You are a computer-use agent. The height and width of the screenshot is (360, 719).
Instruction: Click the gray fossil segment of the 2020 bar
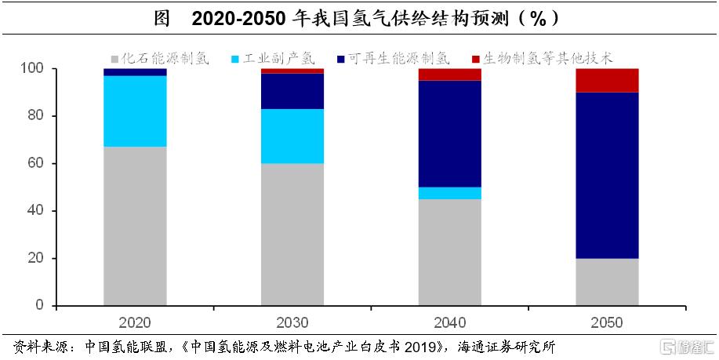[135, 226]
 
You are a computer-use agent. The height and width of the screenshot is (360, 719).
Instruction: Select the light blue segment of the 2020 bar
[135, 111]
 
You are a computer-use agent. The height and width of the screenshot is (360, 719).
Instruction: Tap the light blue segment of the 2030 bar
[292, 136]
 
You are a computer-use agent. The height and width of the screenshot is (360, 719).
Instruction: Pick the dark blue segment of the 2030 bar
[292, 91]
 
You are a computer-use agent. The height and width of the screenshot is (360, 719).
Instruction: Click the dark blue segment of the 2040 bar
[449, 133]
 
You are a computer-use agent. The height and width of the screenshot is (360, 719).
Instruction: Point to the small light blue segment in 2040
[449, 193]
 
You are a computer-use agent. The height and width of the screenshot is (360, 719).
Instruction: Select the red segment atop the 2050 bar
[607, 80]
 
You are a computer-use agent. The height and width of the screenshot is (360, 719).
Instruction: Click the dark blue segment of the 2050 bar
[607, 175]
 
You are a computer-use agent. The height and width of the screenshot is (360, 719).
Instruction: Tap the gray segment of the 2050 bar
[607, 282]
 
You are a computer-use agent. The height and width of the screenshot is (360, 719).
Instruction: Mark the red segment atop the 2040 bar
[449, 75]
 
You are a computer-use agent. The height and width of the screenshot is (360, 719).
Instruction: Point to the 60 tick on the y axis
[37, 163]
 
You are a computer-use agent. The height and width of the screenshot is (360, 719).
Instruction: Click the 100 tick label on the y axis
[33, 69]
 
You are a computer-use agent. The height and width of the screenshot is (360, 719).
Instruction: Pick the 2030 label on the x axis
[292, 322]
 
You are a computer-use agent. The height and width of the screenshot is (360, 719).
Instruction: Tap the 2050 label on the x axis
[607, 322]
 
